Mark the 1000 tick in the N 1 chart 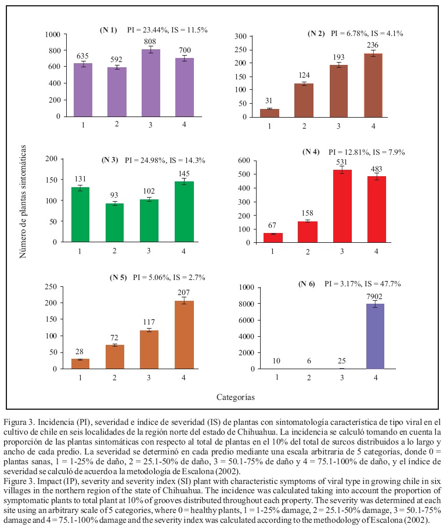(x=53, y=35)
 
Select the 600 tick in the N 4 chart (x=242, y=161)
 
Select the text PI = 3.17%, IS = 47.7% (x=363, y=284)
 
